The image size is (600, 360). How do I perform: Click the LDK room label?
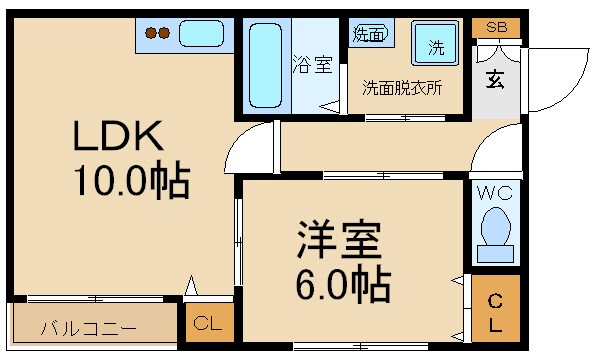coord(115,137)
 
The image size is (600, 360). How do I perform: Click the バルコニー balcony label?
coord(89,326)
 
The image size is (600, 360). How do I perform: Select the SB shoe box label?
coord(494,27)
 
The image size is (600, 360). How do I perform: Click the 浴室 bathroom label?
coord(312,66)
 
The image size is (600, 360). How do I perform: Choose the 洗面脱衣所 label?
coord(402,87)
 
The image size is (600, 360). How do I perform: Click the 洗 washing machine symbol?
coord(436,45)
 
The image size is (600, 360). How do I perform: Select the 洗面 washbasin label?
coord(368,33)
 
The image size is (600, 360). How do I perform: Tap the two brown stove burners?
coord(158,33)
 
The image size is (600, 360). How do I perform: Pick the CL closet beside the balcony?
coord(208,323)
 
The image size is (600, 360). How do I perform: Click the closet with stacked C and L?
coord(495,313)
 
